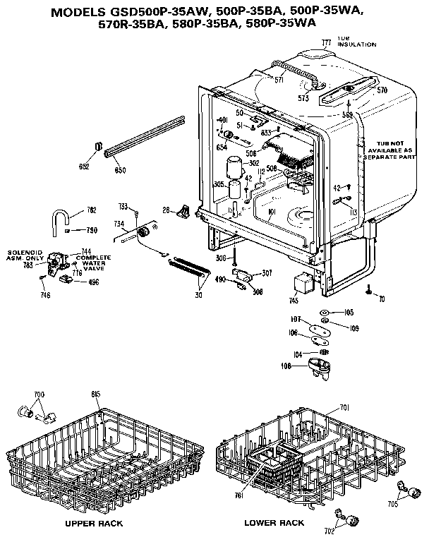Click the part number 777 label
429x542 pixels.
(327, 44)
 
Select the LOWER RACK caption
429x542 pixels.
(274, 523)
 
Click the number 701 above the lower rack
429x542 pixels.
(345, 407)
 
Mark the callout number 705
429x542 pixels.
(393, 504)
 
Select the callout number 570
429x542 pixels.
(382, 90)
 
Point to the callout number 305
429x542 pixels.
(218, 184)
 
